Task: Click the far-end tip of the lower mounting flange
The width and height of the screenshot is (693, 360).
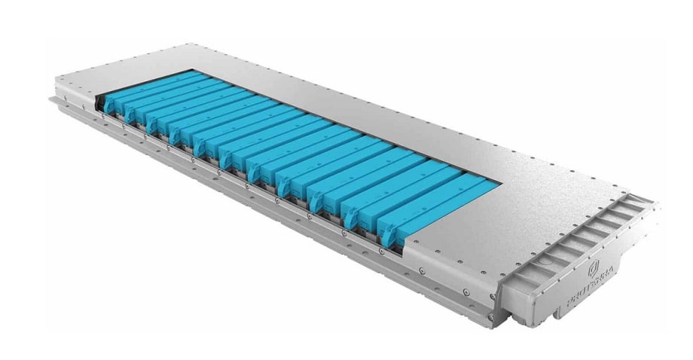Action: coord(51,98)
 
